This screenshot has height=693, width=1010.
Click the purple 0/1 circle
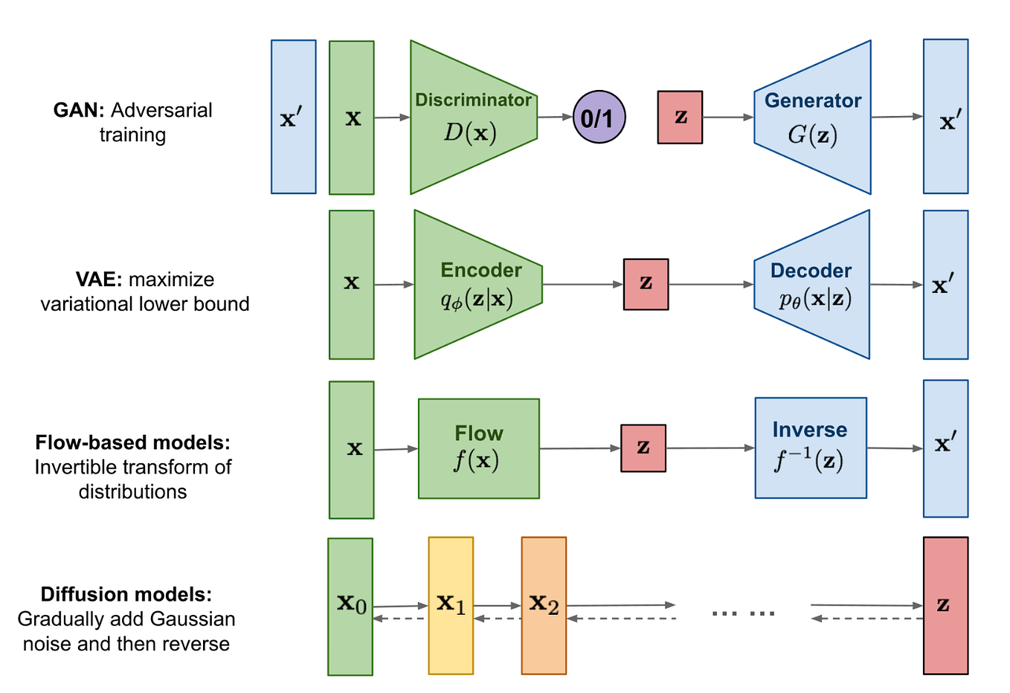coord(599,117)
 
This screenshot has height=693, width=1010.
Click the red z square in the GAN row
coord(680,117)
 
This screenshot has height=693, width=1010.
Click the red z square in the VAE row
coord(646,284)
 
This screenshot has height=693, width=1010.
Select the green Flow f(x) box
coord(478,448)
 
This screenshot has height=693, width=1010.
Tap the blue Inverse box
coord(810,448)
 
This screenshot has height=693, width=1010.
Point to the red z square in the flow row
coord(643,448)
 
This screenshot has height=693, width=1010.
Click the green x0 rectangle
coord(350,606)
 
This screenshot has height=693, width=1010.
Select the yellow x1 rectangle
coord(451,605)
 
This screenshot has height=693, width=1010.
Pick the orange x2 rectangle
coord(544,605)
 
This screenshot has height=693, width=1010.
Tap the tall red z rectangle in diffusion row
coord(945,605)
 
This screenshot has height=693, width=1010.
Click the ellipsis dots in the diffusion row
coord(743,613)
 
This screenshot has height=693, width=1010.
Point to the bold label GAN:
coord(79,110)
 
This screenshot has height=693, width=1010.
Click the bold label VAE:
coord(99,280)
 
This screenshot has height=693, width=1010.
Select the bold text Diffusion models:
coord(126,594)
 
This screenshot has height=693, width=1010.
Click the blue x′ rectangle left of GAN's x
coord(293,117)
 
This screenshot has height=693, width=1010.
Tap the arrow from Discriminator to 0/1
coord(555,117)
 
